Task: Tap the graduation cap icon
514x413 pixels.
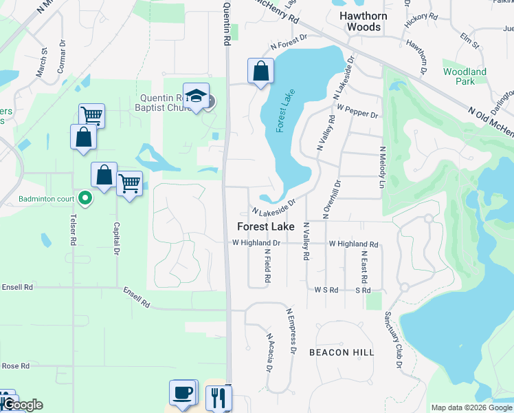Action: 196,96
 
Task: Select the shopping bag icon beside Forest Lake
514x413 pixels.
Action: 260,71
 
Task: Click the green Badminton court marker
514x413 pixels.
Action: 85,199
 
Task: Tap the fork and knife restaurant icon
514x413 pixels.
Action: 219,397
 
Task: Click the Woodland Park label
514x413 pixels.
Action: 465,76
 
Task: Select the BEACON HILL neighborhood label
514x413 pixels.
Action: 342,352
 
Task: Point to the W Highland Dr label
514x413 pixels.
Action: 256,243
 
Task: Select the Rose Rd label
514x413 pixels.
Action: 15,366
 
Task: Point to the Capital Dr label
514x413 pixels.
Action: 116,237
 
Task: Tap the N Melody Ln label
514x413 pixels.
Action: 380,167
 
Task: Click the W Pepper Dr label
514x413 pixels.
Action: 357,112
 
